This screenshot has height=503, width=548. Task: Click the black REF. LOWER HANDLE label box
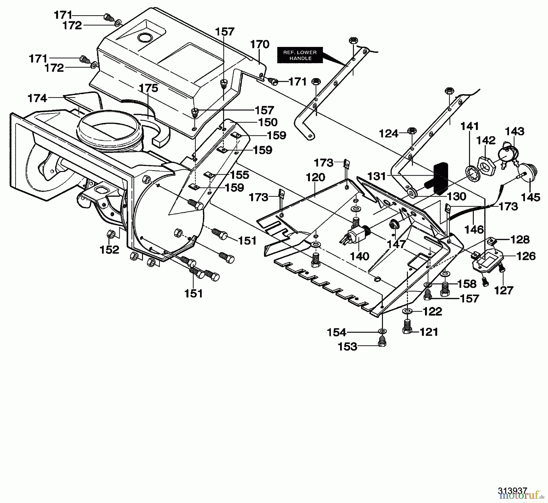pos(300,55)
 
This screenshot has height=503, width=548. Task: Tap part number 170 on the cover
pos(260,44)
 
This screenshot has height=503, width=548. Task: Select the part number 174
pos(37,98)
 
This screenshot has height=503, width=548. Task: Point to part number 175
pos(149,88)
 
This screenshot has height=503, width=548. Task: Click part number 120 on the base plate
pos(315,177)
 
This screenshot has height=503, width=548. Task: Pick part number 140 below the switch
pos(360,256)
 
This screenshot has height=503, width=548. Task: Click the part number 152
pos(109,250)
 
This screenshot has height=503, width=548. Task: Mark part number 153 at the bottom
pos(347,347)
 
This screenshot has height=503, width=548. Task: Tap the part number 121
pos(429,332)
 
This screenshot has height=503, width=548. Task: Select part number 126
pos(526,256)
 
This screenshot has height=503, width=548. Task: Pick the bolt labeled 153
pos(381,342)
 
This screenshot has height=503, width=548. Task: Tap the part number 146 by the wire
pos(474,229)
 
